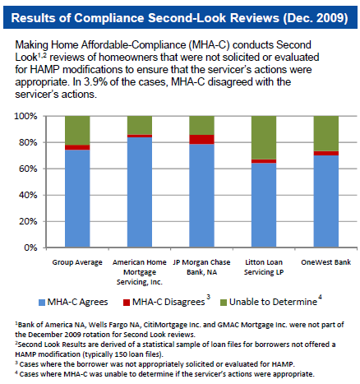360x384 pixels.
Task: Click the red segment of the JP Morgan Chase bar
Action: [x=201, y=139]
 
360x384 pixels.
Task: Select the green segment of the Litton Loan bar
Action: [x=264, y=137]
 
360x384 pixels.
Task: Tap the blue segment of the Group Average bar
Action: [x=77, y=198]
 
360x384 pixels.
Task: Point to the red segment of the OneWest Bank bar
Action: [x=326, y=153]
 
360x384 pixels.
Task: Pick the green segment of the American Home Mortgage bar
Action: [x=140, y=125]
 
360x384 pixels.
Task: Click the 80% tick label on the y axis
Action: [x=28, y=142]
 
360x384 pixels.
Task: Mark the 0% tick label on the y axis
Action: [x=30, y=248]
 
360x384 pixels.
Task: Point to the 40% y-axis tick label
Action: [x=28, y=195]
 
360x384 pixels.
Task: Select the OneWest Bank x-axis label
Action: [x=325, y=262]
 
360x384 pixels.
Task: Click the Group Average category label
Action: [x=77, y=262]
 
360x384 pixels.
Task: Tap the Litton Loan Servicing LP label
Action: [x=264, y=267]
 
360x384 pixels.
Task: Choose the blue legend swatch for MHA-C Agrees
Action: [x=42, y=303]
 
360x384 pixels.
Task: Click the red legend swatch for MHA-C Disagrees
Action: [x=127, y=303]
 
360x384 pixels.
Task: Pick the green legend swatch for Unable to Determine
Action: [x=224, y=303]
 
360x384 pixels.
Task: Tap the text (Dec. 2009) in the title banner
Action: [x=316, y=18]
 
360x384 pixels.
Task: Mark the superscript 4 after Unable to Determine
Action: [x=320, y=297]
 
